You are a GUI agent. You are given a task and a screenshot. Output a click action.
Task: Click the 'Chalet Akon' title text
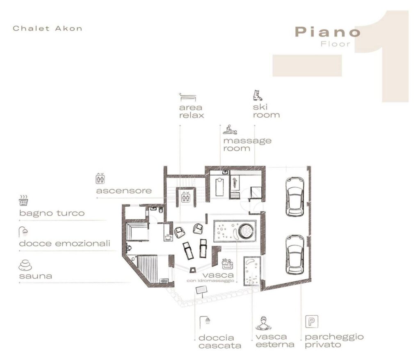(x=48, y=28)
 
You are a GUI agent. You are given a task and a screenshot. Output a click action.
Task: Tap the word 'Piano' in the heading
(x=327, y=32)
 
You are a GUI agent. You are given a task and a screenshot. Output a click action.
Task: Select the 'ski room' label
(x=266, y=111)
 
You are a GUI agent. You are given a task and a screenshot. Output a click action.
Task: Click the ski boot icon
(x=258, y=96)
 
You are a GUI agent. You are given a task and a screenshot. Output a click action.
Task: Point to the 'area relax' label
(x=192, y=112)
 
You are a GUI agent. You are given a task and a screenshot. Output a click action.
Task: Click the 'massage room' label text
(x=247, y=144)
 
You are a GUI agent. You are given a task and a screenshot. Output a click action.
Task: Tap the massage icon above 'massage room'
(x=230, y=130)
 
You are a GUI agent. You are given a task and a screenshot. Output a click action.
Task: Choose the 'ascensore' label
(x=124, y=191)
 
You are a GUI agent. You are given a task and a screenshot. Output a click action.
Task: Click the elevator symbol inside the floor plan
(x=186, y=197)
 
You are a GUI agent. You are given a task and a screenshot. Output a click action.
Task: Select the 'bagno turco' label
(x=52, y=213)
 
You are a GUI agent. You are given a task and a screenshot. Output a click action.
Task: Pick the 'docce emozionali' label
(x=64, y=244)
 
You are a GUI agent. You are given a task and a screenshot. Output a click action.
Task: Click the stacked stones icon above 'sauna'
(x=25, y=265)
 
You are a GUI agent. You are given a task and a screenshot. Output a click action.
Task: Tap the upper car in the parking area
(x=294, y=197)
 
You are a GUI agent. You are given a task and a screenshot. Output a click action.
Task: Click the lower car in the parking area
(x=294, y=255)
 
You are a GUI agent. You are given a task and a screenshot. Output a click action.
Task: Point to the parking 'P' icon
(x=312, y=321)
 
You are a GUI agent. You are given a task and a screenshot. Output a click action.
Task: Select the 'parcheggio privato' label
(x=334, y=340)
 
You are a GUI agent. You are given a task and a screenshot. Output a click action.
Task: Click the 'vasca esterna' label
(x=275, y=340)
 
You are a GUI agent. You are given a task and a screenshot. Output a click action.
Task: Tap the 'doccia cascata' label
(x=220, y=342)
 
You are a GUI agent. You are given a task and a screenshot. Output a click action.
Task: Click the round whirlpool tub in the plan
(x=246, y=231)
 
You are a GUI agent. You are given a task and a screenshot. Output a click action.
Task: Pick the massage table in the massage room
(x=220, y=187)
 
